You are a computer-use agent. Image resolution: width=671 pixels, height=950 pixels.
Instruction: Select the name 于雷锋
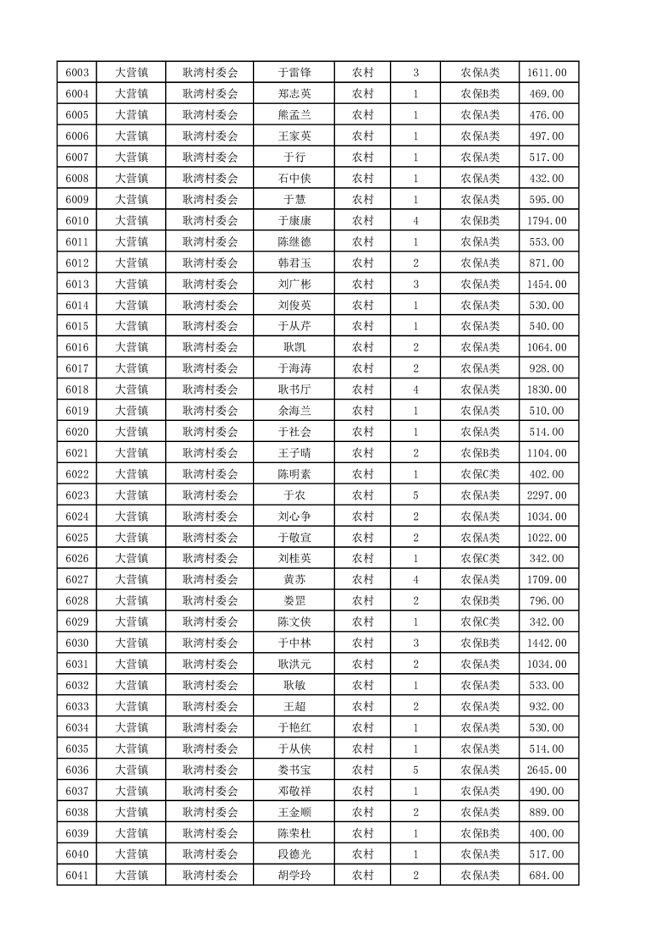(x=294, y=73)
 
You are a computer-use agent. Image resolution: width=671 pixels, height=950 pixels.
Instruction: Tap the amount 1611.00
(x=547, y=73)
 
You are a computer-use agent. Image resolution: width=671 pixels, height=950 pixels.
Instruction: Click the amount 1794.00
(x=547, y=221)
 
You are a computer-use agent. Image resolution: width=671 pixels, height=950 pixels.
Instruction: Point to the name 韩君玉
(x=294, y=263)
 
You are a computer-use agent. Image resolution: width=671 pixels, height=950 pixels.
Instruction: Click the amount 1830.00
(x=547, y=389)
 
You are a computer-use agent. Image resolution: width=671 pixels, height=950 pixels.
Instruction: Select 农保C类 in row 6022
(x=480, y=474)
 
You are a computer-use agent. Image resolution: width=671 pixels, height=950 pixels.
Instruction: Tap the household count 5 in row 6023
(x=415, y=495)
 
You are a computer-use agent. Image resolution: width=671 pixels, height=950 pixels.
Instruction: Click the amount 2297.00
(x=547, y=495)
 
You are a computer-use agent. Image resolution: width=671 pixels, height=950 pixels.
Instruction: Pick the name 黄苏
(x=294, y=580)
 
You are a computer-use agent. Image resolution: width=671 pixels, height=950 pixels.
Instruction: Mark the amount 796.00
(x=547, y=601)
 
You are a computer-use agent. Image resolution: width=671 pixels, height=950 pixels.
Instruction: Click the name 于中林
(x=294, y=643)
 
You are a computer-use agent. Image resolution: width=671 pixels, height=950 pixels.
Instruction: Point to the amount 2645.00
(x=547, y=770)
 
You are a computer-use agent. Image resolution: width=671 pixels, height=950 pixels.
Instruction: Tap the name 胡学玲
(x=294, y=875)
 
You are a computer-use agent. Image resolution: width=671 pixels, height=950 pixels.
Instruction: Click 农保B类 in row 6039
(x=480, y=833)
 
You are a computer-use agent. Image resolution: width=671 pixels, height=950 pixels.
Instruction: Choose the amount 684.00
(x=547, y=875)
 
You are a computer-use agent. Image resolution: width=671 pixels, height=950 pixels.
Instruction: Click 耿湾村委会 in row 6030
(x=211, y=643)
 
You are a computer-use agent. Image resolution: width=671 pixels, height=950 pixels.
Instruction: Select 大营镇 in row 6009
(x=132, y=200)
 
